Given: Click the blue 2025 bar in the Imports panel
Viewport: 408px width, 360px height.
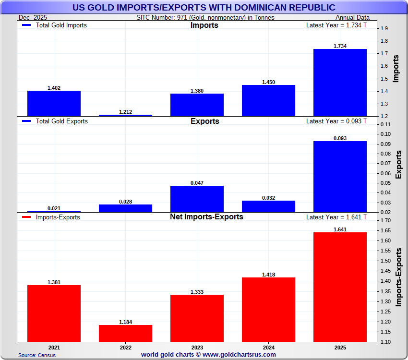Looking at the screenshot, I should pyautogui.click(x=340, y=82).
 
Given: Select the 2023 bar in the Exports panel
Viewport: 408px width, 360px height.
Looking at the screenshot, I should pyautogui.click(x=197, y=199).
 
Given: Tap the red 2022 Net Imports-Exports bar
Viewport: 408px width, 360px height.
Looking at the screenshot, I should pyautogui.click(x=125, y=333).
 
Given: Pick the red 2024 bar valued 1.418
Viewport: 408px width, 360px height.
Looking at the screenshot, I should pyautogui.click(x=268, y=309).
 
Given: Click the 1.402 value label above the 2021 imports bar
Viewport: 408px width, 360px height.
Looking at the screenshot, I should pyautogui.click(x=54, y=88).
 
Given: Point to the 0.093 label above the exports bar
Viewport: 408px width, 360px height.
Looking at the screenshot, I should pyautogui.click(x=340, y=138).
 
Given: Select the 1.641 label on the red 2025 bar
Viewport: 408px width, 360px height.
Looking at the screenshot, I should pyautogui.click(x=340, y=229).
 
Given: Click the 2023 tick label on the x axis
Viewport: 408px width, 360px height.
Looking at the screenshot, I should pyautogui.click(x=197, y=347).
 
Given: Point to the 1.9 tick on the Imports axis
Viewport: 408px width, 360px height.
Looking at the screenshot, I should pyautogui.click(x=384, y=28).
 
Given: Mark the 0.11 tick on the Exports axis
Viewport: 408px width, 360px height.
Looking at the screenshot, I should pyautogui.click(x=385, y=124).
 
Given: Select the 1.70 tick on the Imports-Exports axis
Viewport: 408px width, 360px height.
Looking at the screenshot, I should pyautogui.click(x=385, y=220).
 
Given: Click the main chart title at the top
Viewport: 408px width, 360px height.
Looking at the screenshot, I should pyautogui.click(x=204, y=8).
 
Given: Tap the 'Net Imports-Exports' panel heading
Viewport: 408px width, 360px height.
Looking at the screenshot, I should pyautogui.click(x=206, y=216).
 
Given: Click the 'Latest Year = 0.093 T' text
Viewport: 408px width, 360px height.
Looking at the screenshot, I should pyautogui.click(x=336, y=121).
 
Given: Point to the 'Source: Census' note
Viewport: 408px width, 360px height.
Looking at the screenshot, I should pyautogui.click(x=37, y=355).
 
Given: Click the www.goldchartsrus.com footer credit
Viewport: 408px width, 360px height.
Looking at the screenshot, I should pyautogui.click(x=208, y=355).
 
